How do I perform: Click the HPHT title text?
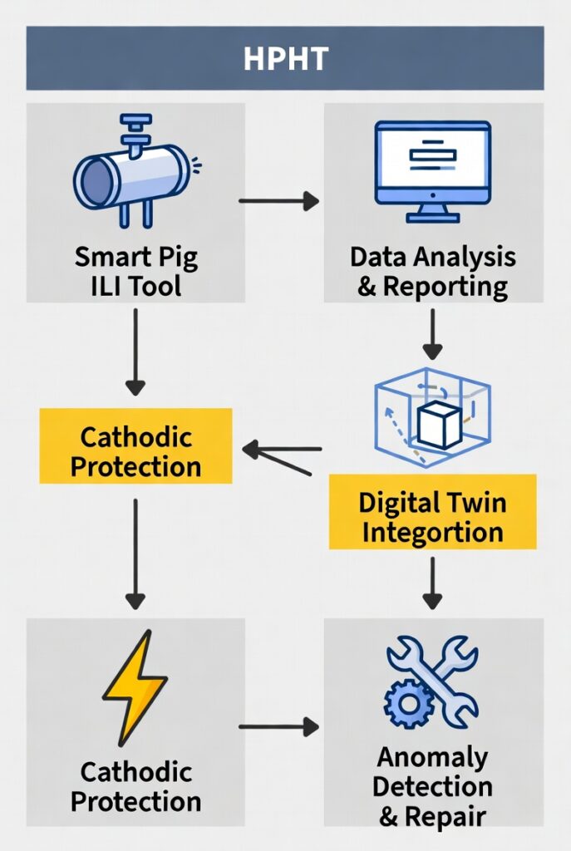pyautogui.click(x=285, y=57)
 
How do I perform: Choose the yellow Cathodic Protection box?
pyautogui.click(x=135, y=451)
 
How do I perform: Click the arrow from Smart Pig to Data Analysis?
pyautogui.click(x=278, y=200)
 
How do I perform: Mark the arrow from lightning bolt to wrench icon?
pyautogui.click(x=278, y=727)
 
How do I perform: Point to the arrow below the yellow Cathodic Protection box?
pyautogui.click(x=135, y=553)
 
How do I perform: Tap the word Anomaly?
pyautogui.click(x=432, y=757)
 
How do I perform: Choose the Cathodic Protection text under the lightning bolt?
pyautogui.click(x=135, y=786)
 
